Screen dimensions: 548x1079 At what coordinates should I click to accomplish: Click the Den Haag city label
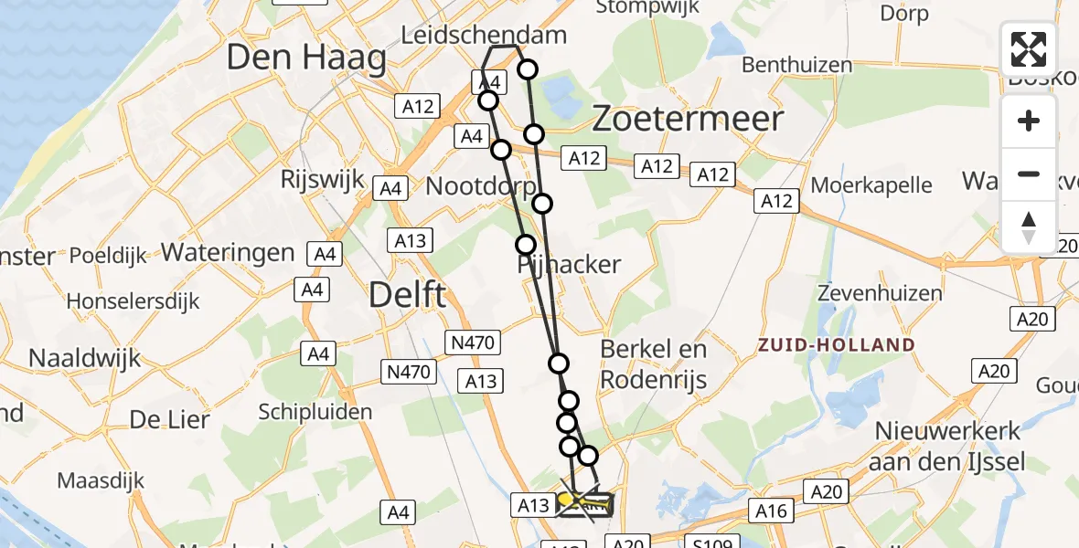(x=305, y=58)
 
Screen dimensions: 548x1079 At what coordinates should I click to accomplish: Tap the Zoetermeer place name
(x=689, y=119)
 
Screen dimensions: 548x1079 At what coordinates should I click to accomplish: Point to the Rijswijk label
(x=324, y=178)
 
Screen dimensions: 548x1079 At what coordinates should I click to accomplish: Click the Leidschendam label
(x=485, y=35)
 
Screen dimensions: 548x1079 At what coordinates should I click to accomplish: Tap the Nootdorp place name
(x=480, y=186)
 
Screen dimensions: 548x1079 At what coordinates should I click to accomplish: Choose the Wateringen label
(x=228, y=253)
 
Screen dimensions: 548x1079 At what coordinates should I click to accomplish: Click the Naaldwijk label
(x=85, y=356)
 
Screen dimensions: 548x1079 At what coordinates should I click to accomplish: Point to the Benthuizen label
(x=796, y=66)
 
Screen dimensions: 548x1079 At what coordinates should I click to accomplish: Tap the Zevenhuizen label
(x=880, y=294)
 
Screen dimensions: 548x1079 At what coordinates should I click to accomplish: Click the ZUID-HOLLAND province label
(x=836, y=345)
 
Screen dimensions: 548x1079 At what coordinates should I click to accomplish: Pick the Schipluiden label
(x=315, y=412)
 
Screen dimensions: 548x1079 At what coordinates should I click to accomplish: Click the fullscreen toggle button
(x=1029, y=49)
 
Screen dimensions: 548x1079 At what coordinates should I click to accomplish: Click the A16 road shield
(x=770, y=511)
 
